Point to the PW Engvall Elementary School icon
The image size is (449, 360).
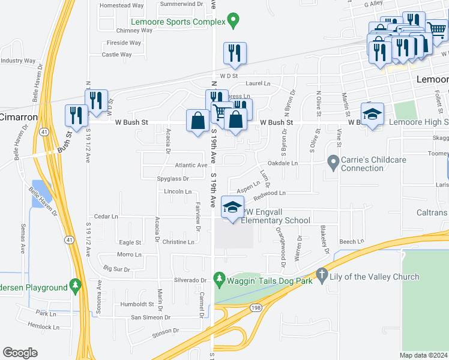(x=233, y=207)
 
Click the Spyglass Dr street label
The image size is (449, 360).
(x=173, y=179)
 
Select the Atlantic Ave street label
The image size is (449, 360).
(x=191, y=165)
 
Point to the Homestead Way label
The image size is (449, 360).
(x=122, y=5)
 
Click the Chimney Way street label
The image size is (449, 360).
(x=135, y=30)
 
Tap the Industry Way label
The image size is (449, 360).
(x=19, y=61)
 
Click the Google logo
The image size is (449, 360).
(x=20, y=353)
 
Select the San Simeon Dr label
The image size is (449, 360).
(x=151, y=317)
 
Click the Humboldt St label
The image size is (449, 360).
(x=137, y=304)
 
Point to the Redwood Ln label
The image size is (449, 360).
(x=270, y=193)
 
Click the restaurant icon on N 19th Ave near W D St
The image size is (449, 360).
(x=235, y=53)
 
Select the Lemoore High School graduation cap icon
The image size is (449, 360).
(x=372, y=113)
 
